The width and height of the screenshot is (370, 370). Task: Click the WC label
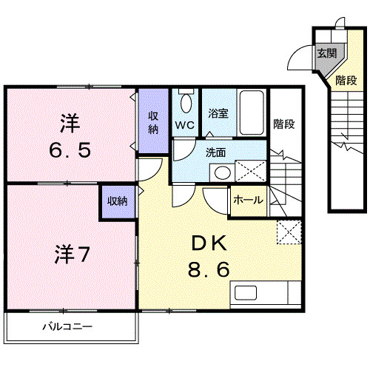184,124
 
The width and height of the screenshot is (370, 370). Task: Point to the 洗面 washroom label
215,152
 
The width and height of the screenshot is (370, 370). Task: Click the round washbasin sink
221,173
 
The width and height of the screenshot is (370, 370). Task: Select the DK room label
214,245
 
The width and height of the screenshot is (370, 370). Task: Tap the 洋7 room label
71,255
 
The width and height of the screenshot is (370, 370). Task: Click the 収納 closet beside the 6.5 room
153,121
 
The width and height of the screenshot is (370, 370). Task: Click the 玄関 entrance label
326,53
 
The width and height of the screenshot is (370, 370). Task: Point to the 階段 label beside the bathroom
283,124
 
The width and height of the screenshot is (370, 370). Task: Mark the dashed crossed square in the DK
288,232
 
